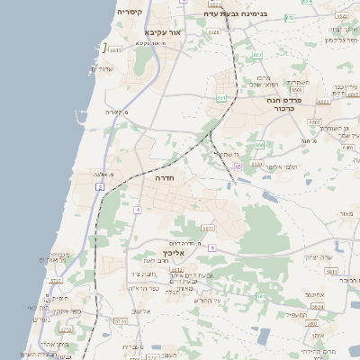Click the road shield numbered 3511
click(113, 50)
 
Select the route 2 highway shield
click(101, 186)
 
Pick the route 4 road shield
click(138, 210)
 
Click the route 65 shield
click(238, 166)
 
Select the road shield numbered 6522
click(213, 32)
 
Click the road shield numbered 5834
click(317, 306)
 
